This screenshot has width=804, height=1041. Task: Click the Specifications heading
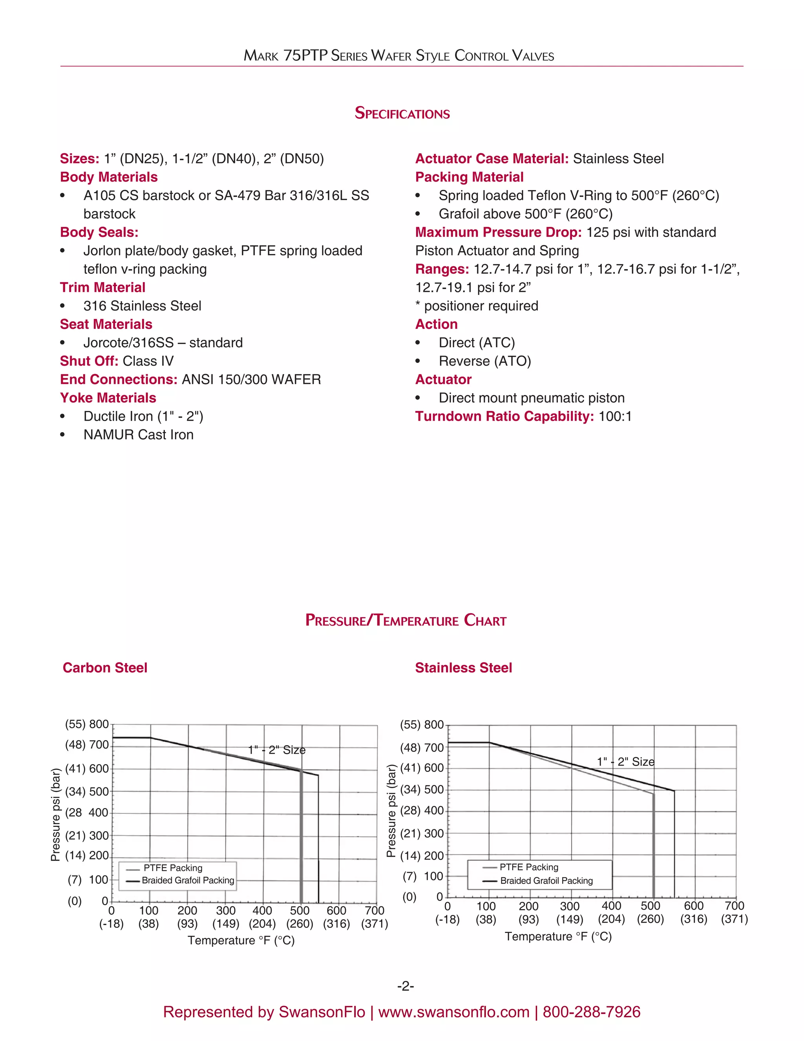click(x=402, y=113)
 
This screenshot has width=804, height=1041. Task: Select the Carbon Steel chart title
click(x=105, y=667)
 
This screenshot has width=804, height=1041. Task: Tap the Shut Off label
click(x=89, y=361)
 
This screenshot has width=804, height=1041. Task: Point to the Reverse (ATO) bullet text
click(x=484, y=361)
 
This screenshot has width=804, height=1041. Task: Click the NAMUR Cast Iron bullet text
click(x=138, y=435)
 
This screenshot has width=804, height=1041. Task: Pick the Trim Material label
click(x=102, y=288)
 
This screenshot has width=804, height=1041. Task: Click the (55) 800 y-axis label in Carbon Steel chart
click(x=87, y=724)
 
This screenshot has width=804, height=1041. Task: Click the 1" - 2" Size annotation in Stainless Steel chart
click(x=625, y=762)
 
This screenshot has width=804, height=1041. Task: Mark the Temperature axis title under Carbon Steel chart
click(x=241, y=940)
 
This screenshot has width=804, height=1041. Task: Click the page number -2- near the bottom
click(x=405, y=986)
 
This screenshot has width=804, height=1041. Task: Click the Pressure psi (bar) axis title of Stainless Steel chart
click(x=391, y=810)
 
